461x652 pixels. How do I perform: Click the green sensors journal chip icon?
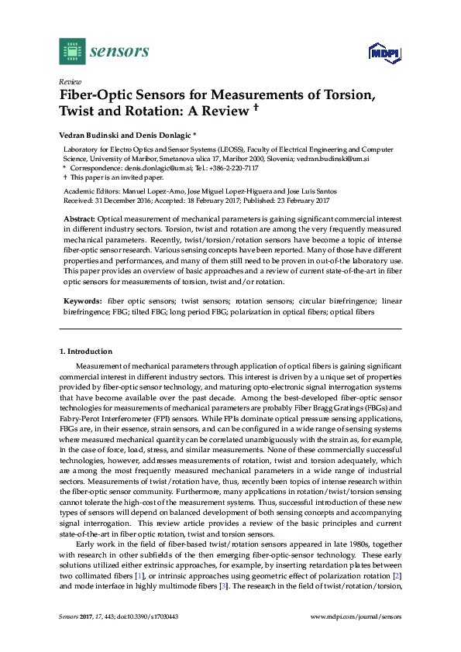(x=72, y=51)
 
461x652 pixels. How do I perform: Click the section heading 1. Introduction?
(x=85, y=352)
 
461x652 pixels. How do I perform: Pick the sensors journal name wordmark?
(x=119, y=52)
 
